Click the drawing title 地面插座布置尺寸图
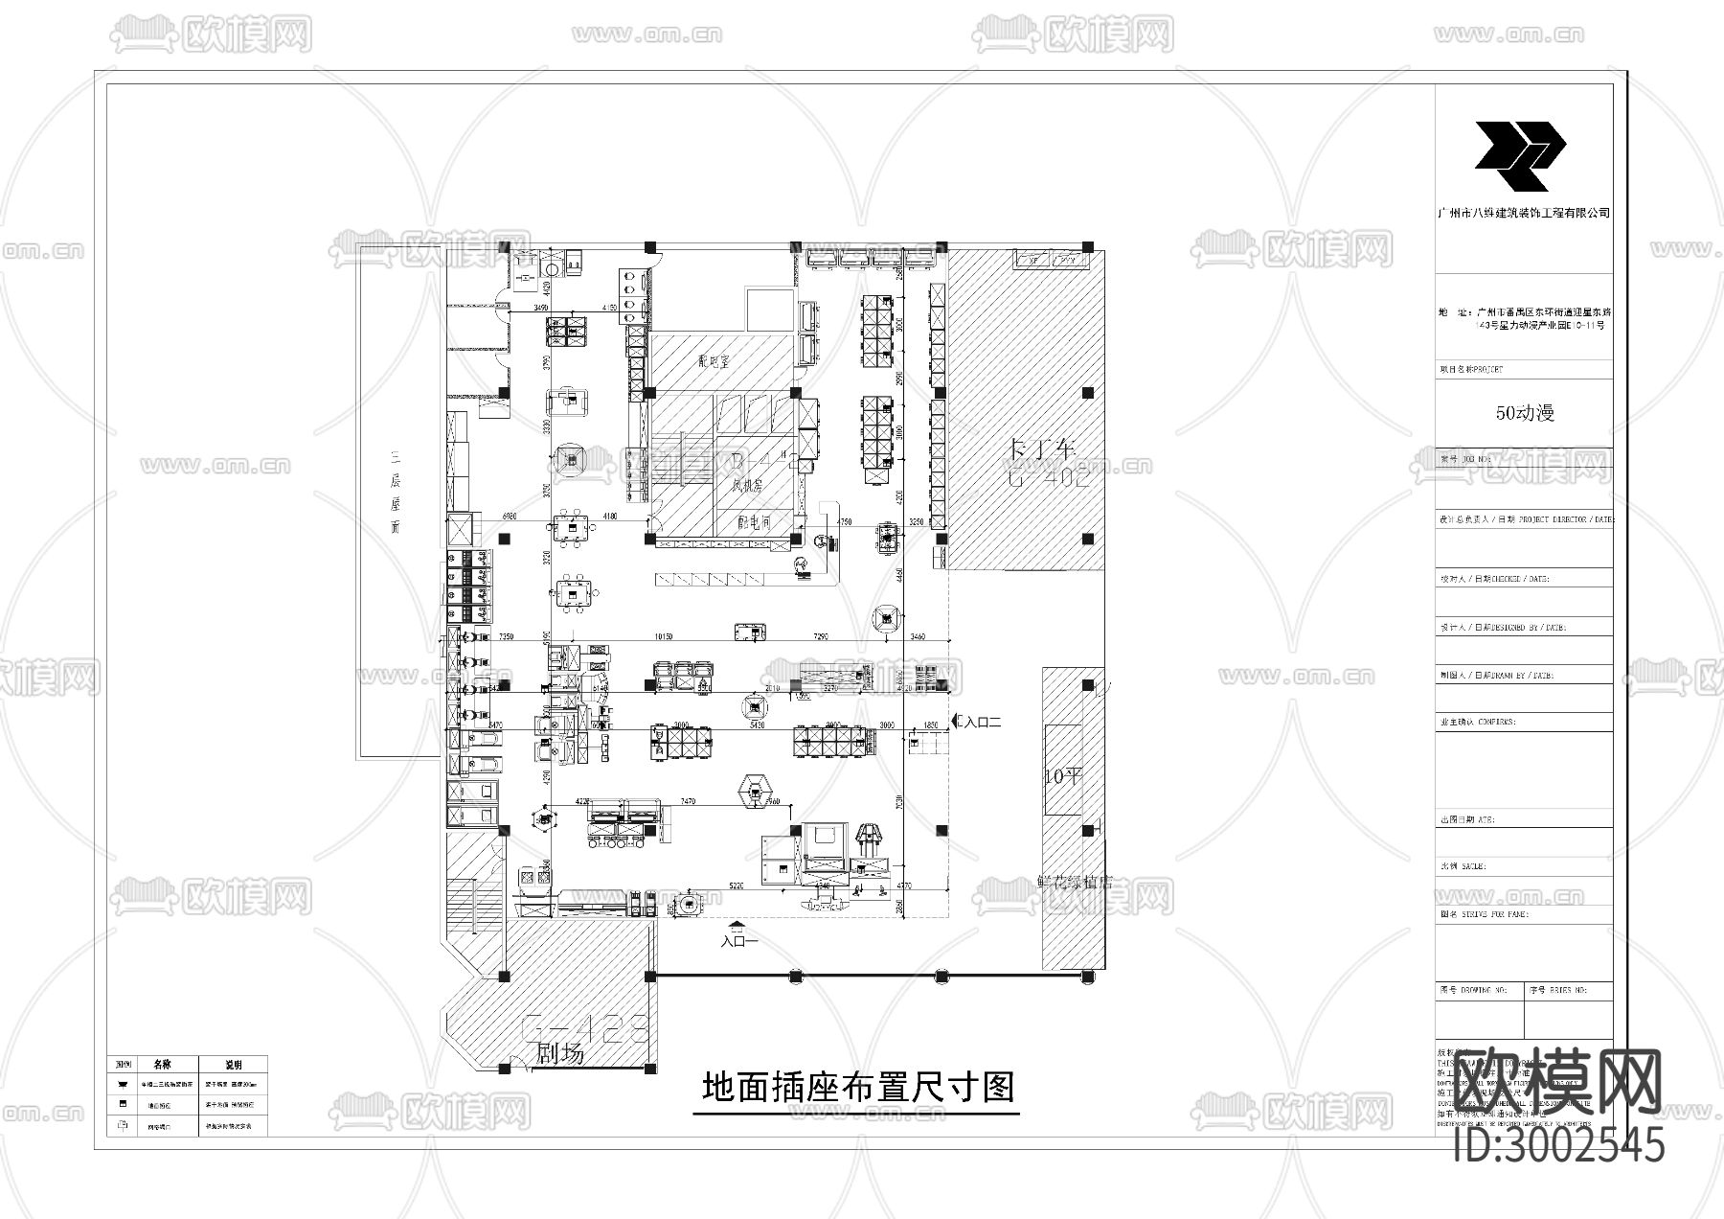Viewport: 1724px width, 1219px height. click(x=857, y=1088)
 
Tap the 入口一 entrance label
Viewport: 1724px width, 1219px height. click(x=739, y=941)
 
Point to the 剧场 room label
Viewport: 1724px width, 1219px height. click(x=559, y=1054)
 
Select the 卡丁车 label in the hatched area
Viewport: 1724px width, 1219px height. click(x=1043, y=448)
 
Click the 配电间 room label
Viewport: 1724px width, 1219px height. click(x=754, y=522)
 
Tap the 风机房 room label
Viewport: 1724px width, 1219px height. click(x=746, y=486)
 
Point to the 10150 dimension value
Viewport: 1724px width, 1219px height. click(x=663, y=636)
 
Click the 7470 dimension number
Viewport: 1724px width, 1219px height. click(x=687, y=801)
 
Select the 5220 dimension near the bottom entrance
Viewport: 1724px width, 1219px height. click(x=737, y=886)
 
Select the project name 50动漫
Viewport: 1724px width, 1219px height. click(x=1525, y=413)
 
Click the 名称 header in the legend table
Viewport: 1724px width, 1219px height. click(x=161, y=1065)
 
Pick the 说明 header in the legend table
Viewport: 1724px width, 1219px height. click(x=233, y=1065)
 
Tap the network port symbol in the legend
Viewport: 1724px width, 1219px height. click(x=121, y=1126)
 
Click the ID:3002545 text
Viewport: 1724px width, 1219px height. click(x=1558, y=1145)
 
